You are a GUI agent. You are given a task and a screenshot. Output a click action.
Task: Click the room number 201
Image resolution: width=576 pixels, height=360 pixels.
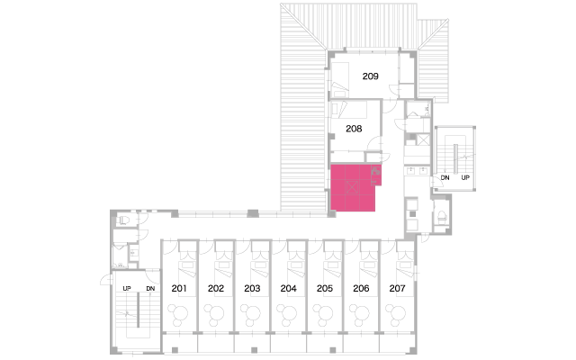coord(179,288)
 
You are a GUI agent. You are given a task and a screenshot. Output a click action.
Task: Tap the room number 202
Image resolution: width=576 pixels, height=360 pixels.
coord(216,288)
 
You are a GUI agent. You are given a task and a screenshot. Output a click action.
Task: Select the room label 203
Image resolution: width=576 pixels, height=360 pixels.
coord(252,288)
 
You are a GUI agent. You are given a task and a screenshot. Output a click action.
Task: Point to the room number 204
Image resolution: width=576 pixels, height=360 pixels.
coord(288,288)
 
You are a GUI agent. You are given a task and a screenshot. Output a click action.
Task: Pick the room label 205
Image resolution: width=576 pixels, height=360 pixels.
coord(325,288)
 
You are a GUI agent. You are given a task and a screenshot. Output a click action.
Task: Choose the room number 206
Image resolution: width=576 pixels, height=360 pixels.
coord(361,288)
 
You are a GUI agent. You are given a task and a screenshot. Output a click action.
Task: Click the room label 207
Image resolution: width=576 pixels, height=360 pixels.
coord(397,288)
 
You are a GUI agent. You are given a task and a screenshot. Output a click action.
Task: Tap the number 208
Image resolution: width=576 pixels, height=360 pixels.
coord(354,129)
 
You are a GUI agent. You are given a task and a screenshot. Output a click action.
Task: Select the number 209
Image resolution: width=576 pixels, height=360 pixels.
coord(370,76)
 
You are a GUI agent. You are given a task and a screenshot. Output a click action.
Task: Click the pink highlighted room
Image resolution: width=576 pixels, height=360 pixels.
coord(353,188)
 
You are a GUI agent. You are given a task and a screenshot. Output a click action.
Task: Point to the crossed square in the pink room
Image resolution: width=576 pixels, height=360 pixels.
coord(352,187)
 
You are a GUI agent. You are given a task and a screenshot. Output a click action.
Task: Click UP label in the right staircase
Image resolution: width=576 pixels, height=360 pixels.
coord(465,178)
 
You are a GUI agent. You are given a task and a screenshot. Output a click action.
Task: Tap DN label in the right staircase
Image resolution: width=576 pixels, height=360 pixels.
coord(445,178)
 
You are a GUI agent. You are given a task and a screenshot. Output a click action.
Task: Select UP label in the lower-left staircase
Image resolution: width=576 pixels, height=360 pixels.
coord(127,288)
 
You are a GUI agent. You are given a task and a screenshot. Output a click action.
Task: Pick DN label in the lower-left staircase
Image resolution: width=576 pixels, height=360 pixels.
coord(150,288)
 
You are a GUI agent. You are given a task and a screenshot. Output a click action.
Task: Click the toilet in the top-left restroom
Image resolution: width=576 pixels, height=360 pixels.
coord(122,220)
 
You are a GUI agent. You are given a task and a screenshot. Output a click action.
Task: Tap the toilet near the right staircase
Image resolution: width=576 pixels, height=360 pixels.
coord(442,218)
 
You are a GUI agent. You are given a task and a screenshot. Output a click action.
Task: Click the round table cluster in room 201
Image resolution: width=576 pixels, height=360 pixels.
coord(178,315)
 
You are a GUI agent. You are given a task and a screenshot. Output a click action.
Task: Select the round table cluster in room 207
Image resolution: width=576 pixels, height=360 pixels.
coord(396,315)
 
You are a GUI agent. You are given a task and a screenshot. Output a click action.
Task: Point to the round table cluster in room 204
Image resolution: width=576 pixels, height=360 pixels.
coord(287,315)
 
